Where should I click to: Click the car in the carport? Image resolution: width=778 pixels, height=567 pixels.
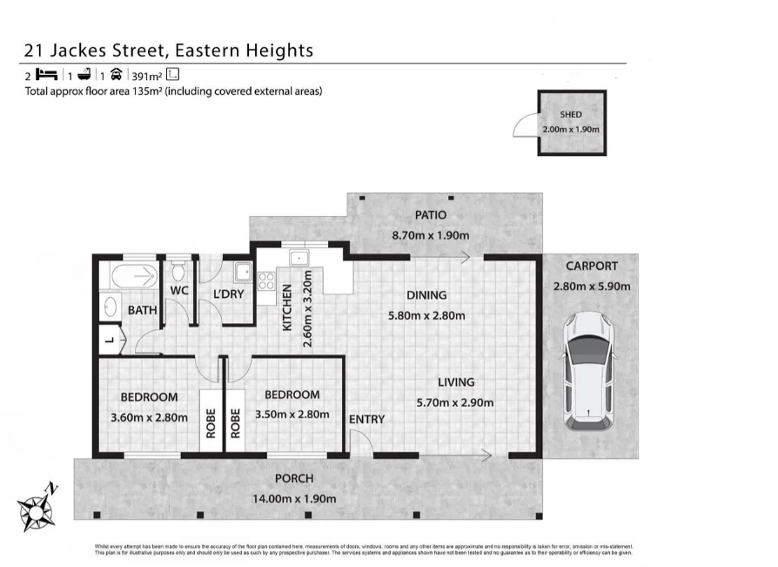click(589, 370)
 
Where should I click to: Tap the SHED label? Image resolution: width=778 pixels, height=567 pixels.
click(571, 115)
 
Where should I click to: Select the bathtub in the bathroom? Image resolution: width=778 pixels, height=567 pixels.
click(132, 277)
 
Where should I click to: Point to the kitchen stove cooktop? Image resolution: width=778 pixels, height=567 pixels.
click(265, 280)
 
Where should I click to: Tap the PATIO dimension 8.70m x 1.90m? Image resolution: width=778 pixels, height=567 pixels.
click(432, 235)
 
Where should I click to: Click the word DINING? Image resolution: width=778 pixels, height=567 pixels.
click(426, 295)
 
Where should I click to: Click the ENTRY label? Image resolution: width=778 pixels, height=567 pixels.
click(366, 420)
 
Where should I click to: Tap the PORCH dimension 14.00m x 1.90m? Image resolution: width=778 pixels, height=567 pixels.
click(293, 498)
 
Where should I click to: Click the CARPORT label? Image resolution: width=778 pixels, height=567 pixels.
click(591, 267)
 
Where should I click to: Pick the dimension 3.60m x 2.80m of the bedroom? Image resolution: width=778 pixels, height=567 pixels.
click(150, 417)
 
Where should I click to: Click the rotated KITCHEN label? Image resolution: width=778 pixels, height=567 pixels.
click(286, 309)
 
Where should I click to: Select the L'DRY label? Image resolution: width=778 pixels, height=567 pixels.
click(228, 294)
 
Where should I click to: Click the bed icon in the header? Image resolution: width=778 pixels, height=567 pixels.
click(45, 75)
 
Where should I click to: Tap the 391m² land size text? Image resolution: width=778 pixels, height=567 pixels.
click(145, 75)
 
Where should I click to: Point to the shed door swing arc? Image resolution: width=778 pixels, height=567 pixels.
click(522, 128)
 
